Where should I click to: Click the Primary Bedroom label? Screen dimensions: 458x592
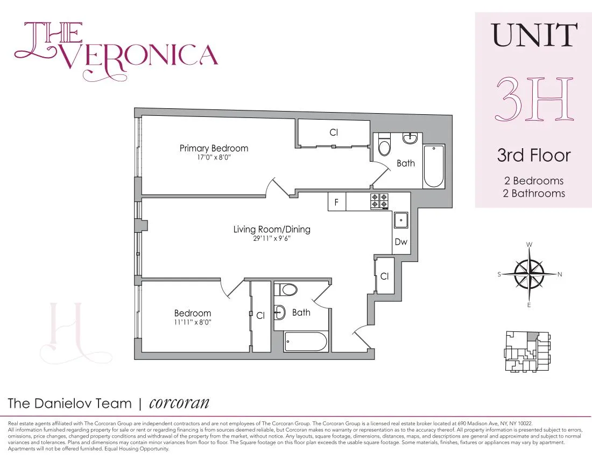click(x=214, y=148)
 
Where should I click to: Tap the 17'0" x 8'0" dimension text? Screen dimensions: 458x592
click(x=214, y=158)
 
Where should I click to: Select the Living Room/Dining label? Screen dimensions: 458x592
click(x=272, y=229)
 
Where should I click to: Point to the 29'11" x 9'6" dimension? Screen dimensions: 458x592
click(x=272, y=238)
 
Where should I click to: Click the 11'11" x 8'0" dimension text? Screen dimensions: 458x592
click(x=192, y=323)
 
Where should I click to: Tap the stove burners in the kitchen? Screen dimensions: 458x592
click(x=379, y=201)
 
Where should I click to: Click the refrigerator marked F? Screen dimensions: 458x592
click(x=336, y=203)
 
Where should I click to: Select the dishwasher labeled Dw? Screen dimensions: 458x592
click(x=401, y=242)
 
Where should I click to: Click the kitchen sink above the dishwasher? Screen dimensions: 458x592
click(x=401, y=220)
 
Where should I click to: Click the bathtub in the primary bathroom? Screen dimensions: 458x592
click(x=434, y=165)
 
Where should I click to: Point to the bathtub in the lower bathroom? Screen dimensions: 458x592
click(x=305, y=342)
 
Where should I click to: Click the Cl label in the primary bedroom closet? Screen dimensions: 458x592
click(x=334, y=132)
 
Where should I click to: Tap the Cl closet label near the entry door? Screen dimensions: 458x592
click(x=384, y=276)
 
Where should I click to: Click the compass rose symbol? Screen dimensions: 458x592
click(x=530, y=274)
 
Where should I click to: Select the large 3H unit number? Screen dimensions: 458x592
click(x=533, y=99)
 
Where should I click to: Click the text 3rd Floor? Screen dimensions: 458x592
click(x=533, y=155)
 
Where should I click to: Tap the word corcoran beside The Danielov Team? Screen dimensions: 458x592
click(x=179, y=403)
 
